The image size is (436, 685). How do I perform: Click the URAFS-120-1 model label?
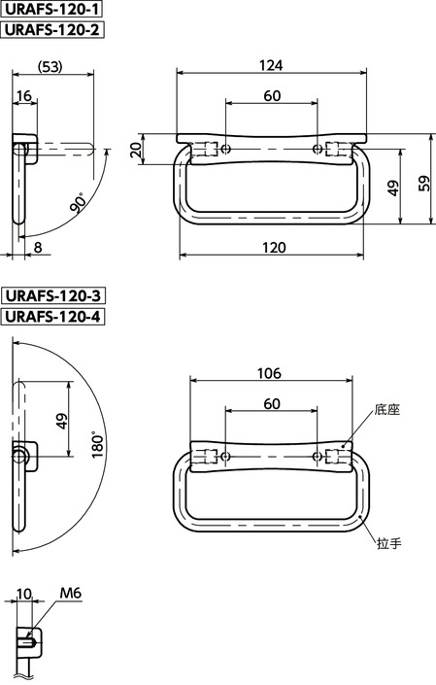pyautogui.click(x=53, y=11)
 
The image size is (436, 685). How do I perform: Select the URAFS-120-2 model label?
pyautogui.click(x=53, y=30)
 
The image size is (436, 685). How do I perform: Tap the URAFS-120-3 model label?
pyautogui.click(x=53, y=295)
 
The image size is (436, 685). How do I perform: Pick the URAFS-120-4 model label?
pyautogui.click(x=53, y=316)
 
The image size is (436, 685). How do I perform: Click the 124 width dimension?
pyautogui.click(x=272, y=65)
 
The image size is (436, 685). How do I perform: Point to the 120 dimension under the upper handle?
pyautogui.click(x=272, y=248)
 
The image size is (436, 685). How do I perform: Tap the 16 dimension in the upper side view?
pyautogui.click(x=25, y=95)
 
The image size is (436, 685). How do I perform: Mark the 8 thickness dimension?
pyautogui.click(x=37, y=248)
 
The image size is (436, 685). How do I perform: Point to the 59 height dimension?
pyautogui.click(x=423, y=184)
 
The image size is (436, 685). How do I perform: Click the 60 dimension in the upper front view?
pyautogui.click(x=272, y=95)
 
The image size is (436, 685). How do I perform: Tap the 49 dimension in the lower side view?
pyautogui.click(x=62, y=419)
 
